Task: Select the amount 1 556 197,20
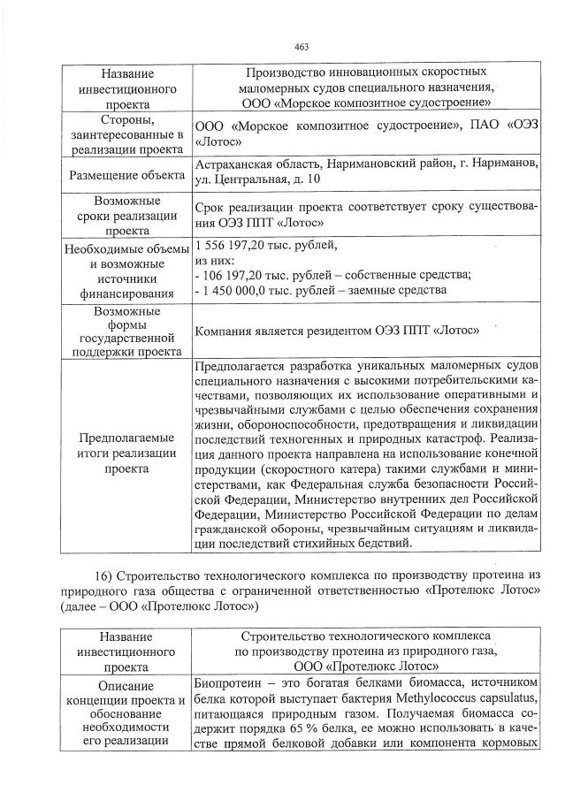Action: point(234,245)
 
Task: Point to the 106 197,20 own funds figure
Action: point(236,274)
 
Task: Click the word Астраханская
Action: point(233,165)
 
